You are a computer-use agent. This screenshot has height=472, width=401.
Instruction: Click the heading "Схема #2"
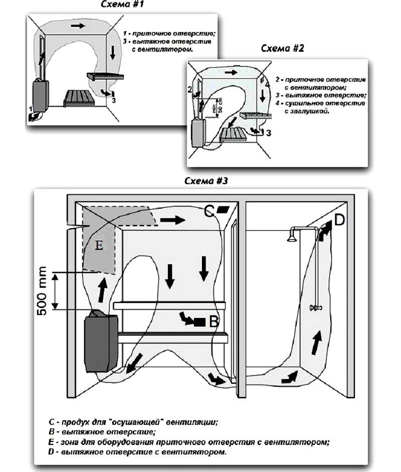[x=282, y=48]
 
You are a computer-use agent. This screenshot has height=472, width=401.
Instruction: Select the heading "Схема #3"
[x=206, y=181]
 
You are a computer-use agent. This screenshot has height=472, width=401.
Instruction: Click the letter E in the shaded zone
[x=99, y=245]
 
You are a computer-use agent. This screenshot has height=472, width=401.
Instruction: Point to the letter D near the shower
[x=339, y=219]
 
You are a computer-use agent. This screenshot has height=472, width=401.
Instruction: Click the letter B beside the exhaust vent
[x=214, y=322]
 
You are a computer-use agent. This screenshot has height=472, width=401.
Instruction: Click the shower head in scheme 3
[x=292, y=236]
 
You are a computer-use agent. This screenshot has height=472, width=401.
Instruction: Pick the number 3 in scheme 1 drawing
[x=114, y=100]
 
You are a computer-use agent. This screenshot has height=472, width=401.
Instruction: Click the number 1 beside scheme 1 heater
[x=30, y=108]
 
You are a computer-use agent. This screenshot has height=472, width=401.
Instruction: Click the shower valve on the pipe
[x=316, y=306]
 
